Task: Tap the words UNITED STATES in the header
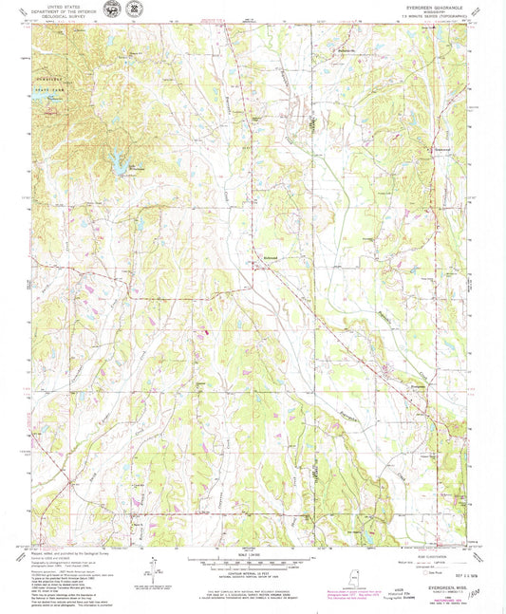60,7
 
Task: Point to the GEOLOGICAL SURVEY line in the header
60,16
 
